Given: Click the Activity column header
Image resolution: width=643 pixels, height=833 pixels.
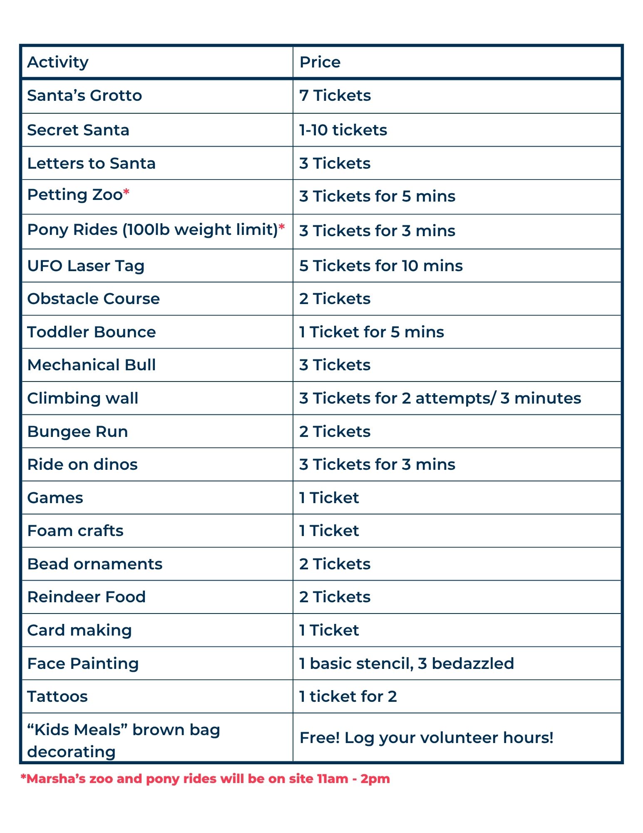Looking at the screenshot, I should (58, 62).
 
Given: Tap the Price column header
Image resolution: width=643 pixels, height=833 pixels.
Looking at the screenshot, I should (320, 62).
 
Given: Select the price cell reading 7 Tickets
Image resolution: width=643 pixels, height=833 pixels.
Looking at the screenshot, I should (335, 95).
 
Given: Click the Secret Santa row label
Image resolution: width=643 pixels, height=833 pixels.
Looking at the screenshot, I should (78, 130).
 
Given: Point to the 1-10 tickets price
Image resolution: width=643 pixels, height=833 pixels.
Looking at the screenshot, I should (343, 130).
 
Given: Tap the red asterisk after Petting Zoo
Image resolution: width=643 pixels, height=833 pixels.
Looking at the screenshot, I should (127, 192).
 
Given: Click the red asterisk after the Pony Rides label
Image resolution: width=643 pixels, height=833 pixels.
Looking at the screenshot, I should (282, 227).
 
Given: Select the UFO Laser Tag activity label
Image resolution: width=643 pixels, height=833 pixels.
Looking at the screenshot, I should (86, 266).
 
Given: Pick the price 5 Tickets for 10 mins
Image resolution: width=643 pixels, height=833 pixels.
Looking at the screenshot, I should (381, 266).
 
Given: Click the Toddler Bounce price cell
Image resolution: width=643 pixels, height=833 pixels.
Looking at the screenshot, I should (371, 332).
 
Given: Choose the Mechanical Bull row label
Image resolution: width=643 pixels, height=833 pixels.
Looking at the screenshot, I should (92, 365).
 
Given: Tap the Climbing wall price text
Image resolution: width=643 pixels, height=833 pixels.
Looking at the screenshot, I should (440, 398).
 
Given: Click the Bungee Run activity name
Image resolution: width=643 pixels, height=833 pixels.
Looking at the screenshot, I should (77, 431).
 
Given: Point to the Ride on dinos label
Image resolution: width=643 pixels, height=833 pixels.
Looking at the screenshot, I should (82, 464).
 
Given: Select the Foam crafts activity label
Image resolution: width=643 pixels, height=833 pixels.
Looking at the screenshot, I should (75, 531).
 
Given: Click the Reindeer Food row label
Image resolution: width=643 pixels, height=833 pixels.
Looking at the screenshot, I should (87, 597).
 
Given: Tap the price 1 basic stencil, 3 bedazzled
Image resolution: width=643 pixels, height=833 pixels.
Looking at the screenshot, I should (406, 663).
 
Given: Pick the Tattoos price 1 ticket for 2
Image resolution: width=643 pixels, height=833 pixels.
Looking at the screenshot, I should (348, 696).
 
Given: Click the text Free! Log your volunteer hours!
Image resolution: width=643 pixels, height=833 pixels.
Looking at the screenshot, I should (426, 738).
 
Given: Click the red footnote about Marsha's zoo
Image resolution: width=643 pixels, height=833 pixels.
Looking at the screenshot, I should (205, 778).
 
